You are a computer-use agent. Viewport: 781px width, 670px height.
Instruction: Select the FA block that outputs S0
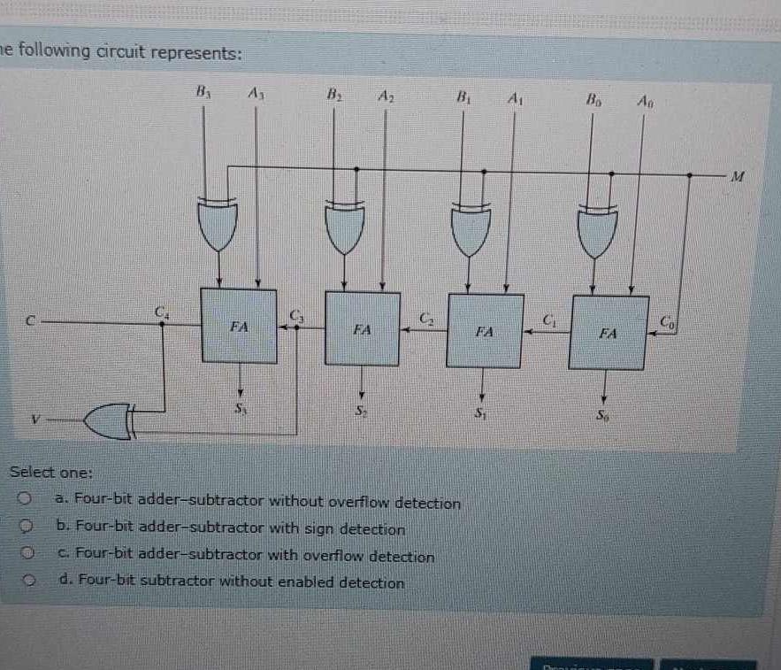pyautogui.click(x=607, y=333)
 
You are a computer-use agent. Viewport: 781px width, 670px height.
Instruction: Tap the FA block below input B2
pyautogui.click(x=362, y=328)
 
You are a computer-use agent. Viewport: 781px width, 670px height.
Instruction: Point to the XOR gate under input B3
pyautogui.click(x=217, y=224)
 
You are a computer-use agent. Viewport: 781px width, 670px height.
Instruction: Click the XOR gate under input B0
pyautogui.click(x=599, y=230)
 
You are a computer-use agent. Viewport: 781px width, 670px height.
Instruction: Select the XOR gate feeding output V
pyautogui.click(x=110, y=422)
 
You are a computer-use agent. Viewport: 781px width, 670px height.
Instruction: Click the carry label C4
pyautogui.click(x=160, y=312)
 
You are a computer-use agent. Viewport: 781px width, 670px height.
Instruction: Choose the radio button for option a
pyautogui.click(x=28, y=500)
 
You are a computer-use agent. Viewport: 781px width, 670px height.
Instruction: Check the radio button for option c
pyautogui.click(x=28, y=554)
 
